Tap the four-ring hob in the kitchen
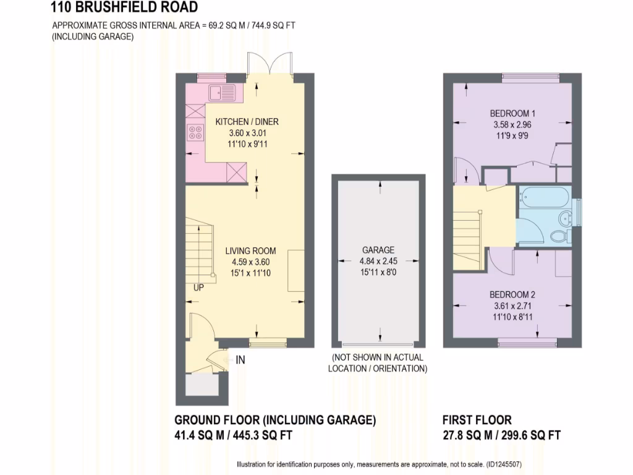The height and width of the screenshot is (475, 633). (x=196, y=133)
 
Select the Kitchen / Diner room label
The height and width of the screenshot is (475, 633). (x=243, y=122)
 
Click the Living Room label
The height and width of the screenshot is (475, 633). (x=250, y=251)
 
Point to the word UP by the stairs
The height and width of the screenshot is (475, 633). (x=198, y=287)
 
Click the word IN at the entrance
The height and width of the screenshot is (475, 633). (x=240, y=359)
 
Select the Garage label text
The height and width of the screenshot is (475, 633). (x=378, y=250)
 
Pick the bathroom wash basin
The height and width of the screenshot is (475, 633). (x=566, y=218)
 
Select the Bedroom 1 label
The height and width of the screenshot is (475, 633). (x=512, y=113)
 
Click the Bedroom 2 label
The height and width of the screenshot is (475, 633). (x=512, y=294)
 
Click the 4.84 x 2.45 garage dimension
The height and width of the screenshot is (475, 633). (x=378, y=260)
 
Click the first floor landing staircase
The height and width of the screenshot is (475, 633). (x=468, y=232)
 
